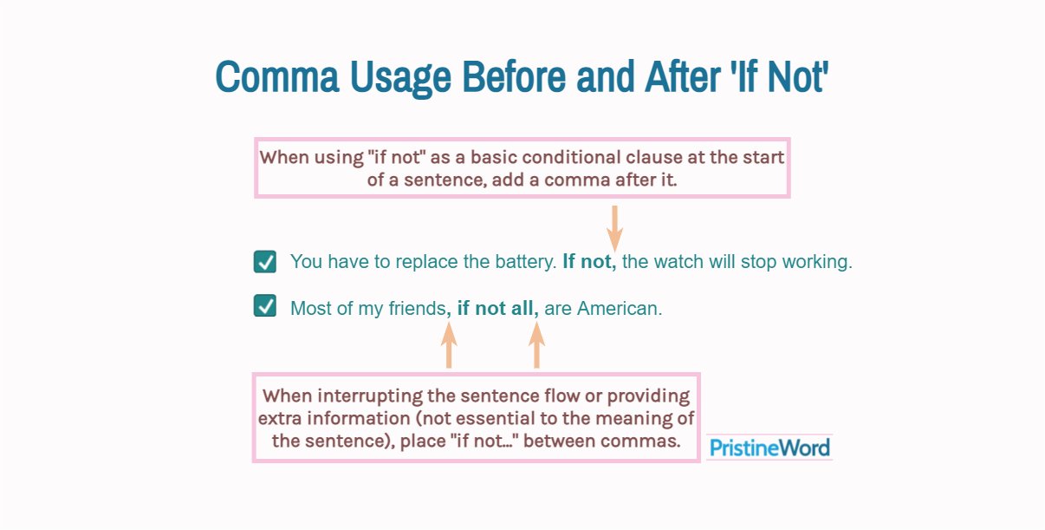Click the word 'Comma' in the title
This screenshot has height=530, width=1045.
[277, 76]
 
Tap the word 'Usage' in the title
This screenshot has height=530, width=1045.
[400, 78]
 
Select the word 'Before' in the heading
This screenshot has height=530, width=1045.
[514, 76]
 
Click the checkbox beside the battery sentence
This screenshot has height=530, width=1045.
[265, 261]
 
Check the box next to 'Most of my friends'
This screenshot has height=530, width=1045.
[265, 306]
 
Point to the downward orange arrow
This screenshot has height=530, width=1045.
[615, 229]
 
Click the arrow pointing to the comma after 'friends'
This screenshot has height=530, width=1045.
[449, 345]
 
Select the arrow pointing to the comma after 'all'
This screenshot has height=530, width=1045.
[536, 345]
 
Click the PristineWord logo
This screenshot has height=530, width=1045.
[769, 448]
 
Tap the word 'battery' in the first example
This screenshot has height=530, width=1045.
[526, 262]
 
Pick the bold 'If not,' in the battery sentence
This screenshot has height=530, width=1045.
[590, 261]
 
